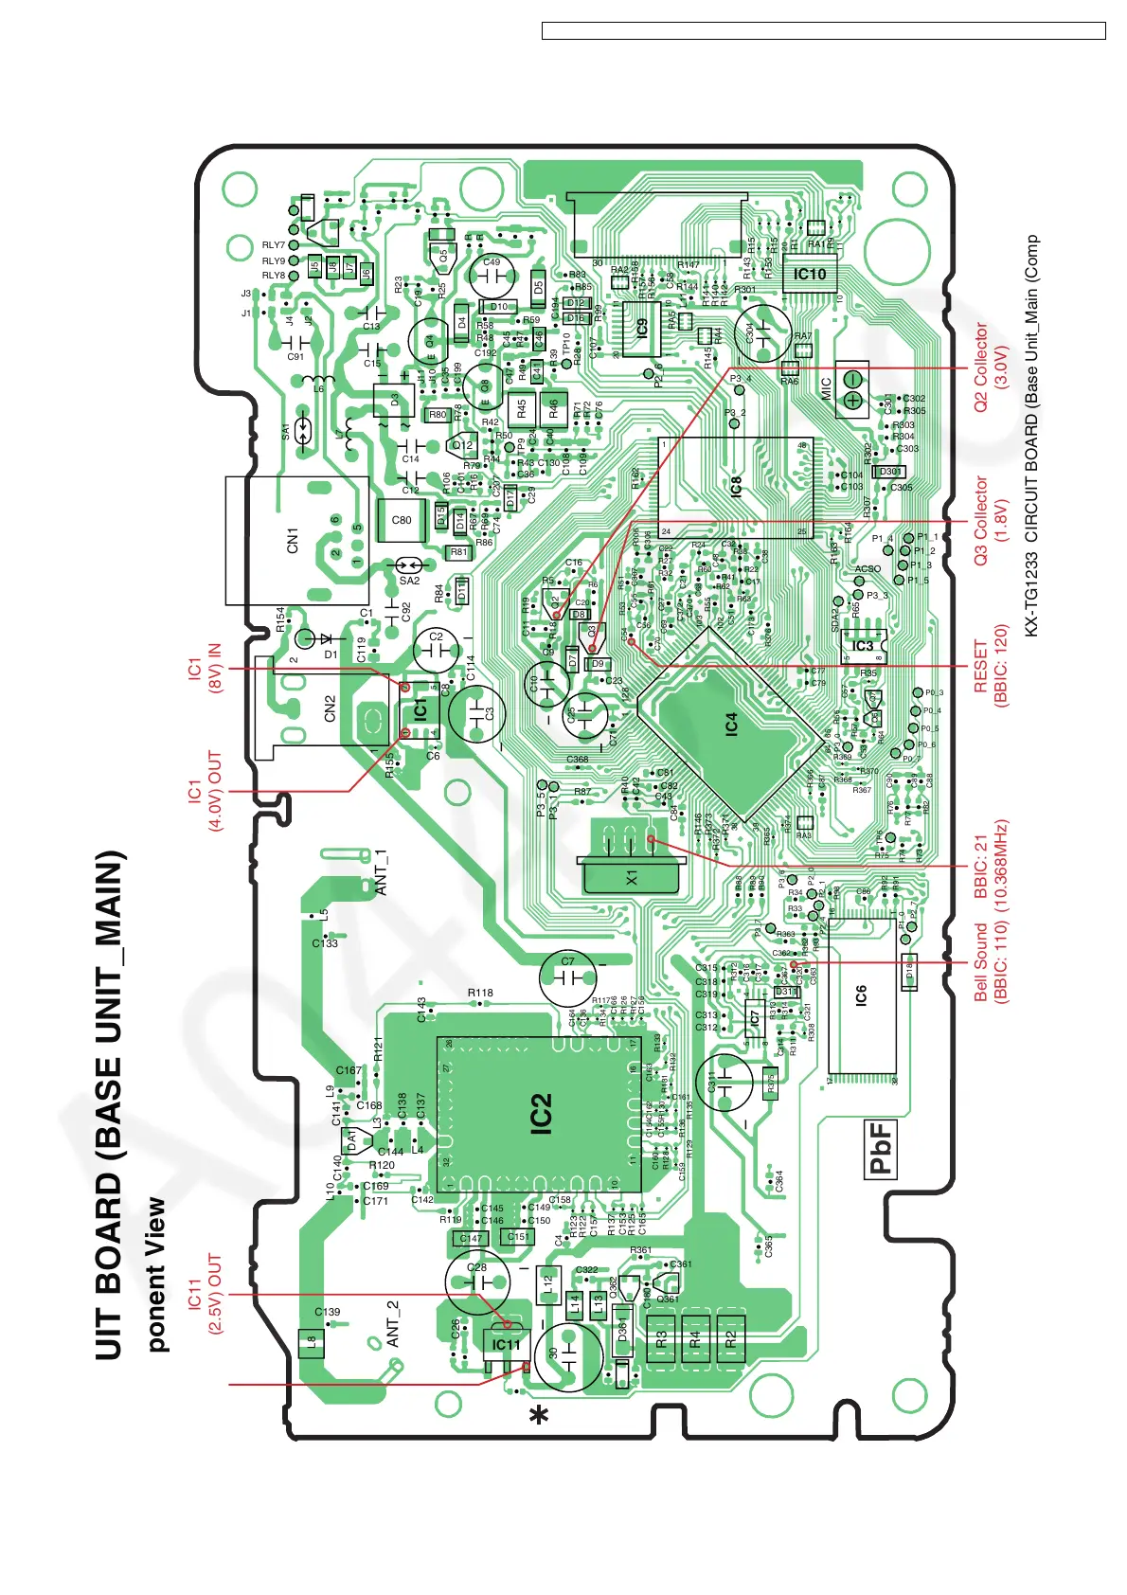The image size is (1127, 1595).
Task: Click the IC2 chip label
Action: (x=541, y=1114)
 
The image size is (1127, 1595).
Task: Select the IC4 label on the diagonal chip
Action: (x=730, y=725)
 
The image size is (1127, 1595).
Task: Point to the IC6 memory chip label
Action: (x=860, y=995)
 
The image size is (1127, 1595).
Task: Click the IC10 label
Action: (x=810, y=274)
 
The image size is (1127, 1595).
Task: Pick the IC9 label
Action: (x=642, y=328)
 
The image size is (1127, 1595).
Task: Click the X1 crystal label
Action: (x=632, y=878)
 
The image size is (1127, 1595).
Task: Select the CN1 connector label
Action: (x=293, y=540)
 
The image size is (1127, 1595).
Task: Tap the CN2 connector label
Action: (x=330, y=708)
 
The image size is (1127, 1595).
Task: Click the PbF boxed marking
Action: (x=882, y=1149)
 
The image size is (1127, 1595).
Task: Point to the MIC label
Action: (x=826, y=389)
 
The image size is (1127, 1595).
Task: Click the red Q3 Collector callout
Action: (x=990, y=521)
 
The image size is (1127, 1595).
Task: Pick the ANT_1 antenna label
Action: (x=381, y=872)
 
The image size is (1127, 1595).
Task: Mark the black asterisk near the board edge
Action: (x=539, y=1416)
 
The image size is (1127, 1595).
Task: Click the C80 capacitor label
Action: (x=402, y=520)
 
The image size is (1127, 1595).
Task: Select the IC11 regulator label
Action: (x=506, y=1344)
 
